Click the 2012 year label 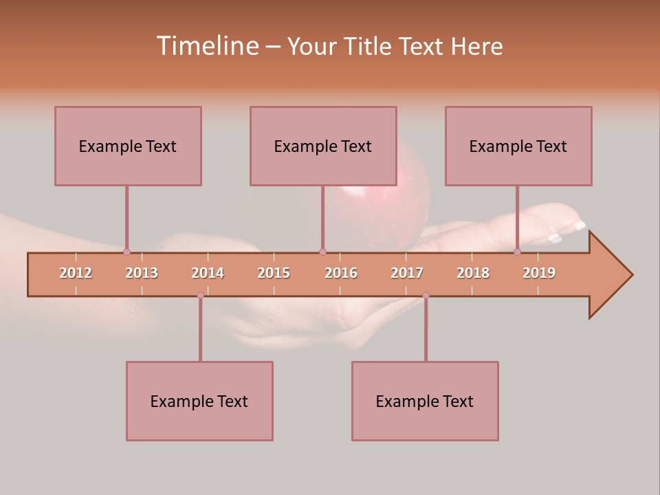(76, 273)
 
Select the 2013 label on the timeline (142, 273)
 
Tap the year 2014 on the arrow (208, 273)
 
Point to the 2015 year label (274, 273)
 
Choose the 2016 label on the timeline (341, 273)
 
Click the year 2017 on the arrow (407, 273)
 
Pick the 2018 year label (473, 273)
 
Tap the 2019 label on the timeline (539, 273)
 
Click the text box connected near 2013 (128, 146)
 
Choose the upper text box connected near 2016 (323, 146)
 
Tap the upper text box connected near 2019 (518, 146)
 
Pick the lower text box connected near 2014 (199, 401)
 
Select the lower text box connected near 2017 (425, 401)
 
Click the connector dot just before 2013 (126, 252)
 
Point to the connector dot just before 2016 (322, 252)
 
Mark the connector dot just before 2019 (517, 252)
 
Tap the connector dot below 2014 (200, 296)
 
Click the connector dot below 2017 (426, 296)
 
